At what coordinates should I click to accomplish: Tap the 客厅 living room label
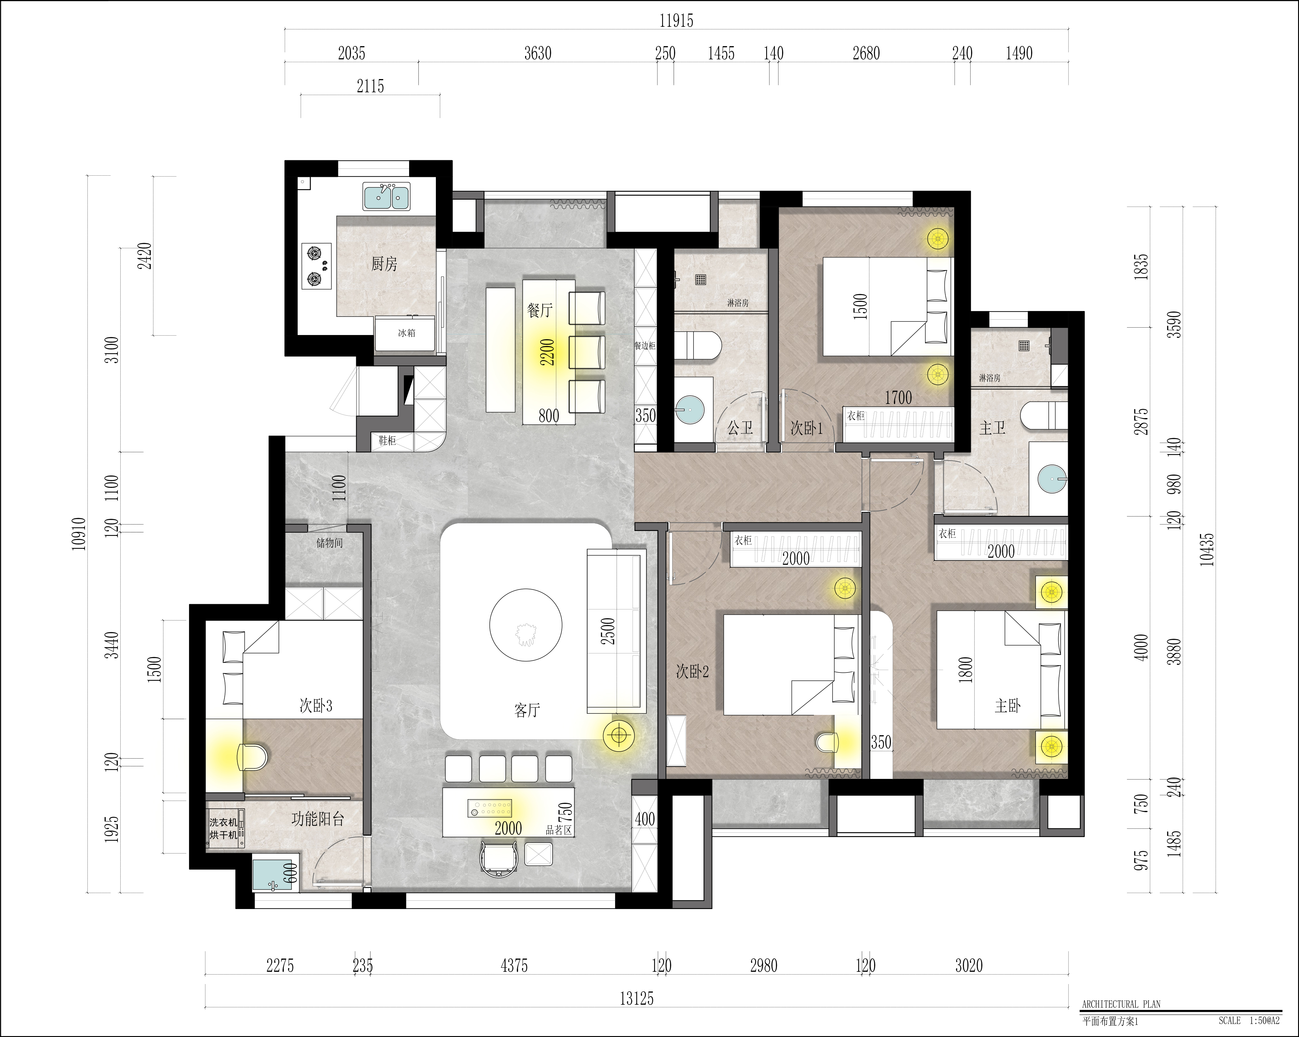pyautogui.click(x=527, y=711)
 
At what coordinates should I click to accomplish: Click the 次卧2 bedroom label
pyautogui.click(x=692, y=672)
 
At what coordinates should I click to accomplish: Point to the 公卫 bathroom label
pyautogui.click(x=740, y=428)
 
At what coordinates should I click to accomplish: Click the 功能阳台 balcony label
pyautogui.click(x=318, y=819)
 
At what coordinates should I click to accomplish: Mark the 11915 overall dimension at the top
pyautogui.click(x=676, y=21)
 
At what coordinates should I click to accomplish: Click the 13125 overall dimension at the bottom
pyautogui.click(x=637, y=999)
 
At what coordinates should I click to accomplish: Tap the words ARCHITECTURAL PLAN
pyautogui.click(x=1121, y=1004)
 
